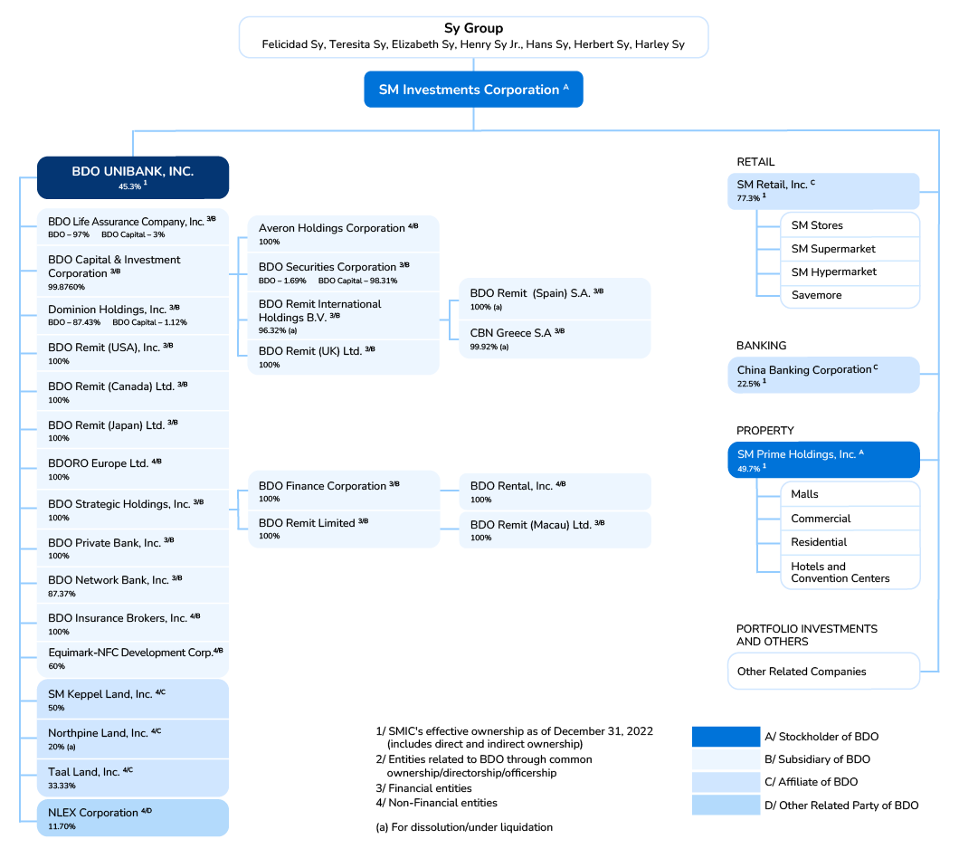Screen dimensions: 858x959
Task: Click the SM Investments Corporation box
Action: [x=473, y=90]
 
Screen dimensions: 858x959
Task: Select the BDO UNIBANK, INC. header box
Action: [x=133, y=176]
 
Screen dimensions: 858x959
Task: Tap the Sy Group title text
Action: [x=473, y=28]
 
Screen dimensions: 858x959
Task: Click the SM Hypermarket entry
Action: [x=833, y=272]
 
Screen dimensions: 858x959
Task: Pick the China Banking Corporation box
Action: [x=823, y=375]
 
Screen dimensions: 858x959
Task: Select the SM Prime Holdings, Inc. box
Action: [x=823, y=460]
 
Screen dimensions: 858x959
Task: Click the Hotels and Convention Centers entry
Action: [x=840, y=572]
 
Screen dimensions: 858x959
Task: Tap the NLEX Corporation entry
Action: [x=133, y=818]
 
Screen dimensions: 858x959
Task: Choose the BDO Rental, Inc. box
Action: [x=555, y=491]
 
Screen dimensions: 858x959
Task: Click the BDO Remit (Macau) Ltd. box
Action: [x=555, y=529]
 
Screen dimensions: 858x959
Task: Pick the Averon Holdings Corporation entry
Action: [x=343, y=234]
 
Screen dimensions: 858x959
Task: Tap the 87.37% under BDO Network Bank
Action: [x=62, y=594]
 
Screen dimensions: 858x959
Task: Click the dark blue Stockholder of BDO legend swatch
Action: [x=726, y=737]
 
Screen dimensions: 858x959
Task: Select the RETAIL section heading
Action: [x=755, y=162]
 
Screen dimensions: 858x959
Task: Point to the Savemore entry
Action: [x=816, y=295]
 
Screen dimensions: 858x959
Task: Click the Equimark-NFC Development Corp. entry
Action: [x=133, y=657]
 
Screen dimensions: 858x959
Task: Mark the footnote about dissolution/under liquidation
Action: [x=463, y=827]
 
